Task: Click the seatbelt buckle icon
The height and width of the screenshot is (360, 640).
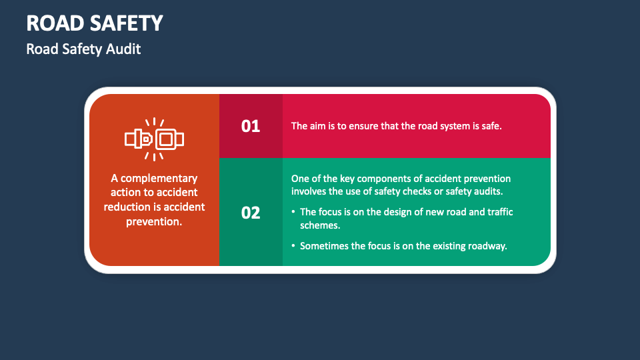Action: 154,139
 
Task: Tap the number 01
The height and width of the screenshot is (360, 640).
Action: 251,125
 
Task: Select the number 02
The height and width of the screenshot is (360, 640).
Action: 251,213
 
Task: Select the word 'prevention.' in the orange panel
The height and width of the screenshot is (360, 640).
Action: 154,221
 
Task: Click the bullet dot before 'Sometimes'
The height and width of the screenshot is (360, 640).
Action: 293,246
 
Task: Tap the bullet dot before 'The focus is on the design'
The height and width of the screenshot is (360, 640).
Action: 293,212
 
